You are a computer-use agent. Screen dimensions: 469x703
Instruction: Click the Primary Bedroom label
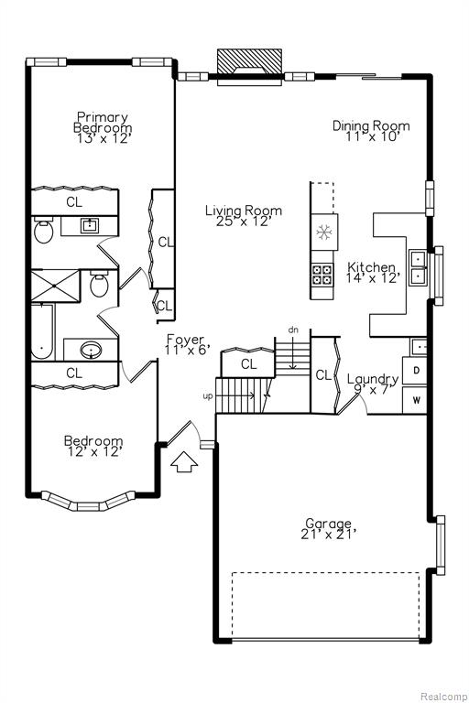[103, 128]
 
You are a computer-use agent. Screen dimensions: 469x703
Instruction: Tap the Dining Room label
[371, 131]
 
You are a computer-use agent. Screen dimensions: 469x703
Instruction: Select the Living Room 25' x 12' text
[244, 216]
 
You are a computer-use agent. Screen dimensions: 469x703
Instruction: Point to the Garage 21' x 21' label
[329, 529]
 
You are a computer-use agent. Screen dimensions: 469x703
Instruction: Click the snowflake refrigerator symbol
[322, 232]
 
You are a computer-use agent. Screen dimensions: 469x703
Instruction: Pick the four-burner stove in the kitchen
[322, 275]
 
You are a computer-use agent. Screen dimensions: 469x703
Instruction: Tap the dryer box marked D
[414, 371]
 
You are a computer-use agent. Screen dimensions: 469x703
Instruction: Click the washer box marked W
[414, 400]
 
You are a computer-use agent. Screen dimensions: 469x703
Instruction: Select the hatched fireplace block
[249, 61]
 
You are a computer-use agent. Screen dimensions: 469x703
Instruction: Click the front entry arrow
[184, 461]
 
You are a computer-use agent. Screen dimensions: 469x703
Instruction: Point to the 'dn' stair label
[293, 330]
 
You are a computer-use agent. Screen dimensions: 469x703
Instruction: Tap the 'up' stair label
[208, 396]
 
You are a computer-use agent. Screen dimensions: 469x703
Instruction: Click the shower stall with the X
[55, 286]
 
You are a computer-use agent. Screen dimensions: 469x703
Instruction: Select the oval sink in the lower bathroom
[91, 350]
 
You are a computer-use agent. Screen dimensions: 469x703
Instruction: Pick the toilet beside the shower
[99, 284]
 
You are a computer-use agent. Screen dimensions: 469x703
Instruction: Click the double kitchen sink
[418, 266]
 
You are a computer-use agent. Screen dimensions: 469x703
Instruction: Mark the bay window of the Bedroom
[89, 502]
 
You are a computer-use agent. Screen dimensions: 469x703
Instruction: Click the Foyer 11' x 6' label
[186, 344]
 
